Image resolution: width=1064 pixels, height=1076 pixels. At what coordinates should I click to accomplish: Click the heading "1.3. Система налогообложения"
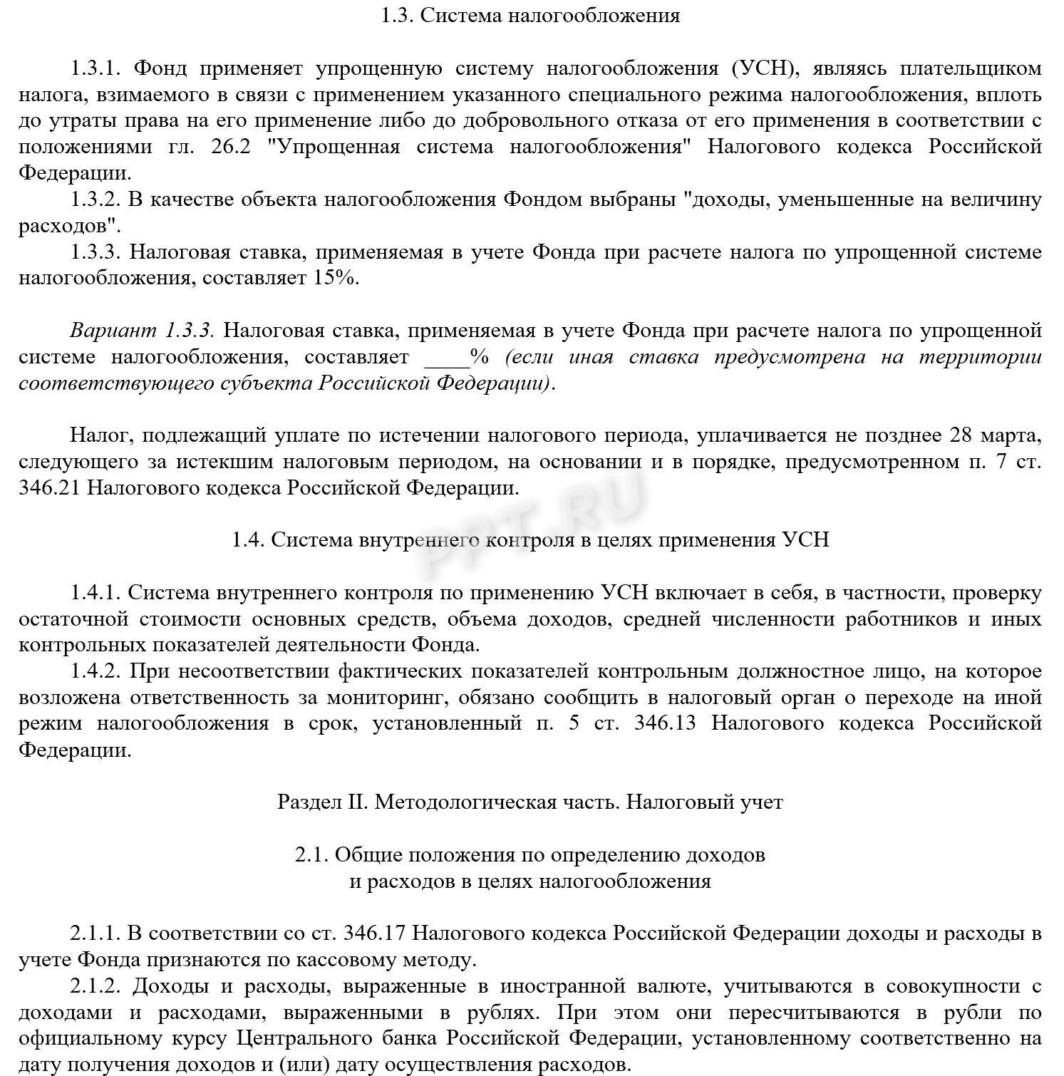click(531, 16)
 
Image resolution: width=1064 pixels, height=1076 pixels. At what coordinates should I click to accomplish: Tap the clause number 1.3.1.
click(97, 68)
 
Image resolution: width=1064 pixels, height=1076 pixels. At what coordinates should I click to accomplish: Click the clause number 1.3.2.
click(97, 200)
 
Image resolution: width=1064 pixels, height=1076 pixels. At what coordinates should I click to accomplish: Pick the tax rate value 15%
click(334, 278)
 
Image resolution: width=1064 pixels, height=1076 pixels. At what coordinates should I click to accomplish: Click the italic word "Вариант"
click(113, 331)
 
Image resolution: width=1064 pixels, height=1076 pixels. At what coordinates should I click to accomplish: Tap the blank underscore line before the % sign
click(446, 357)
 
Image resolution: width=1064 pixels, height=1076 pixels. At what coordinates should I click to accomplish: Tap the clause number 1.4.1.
click(97, 593)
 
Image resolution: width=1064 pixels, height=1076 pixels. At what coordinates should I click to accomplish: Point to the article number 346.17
click(374, 933)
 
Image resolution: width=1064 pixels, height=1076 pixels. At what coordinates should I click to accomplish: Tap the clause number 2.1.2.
click(97, 986)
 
